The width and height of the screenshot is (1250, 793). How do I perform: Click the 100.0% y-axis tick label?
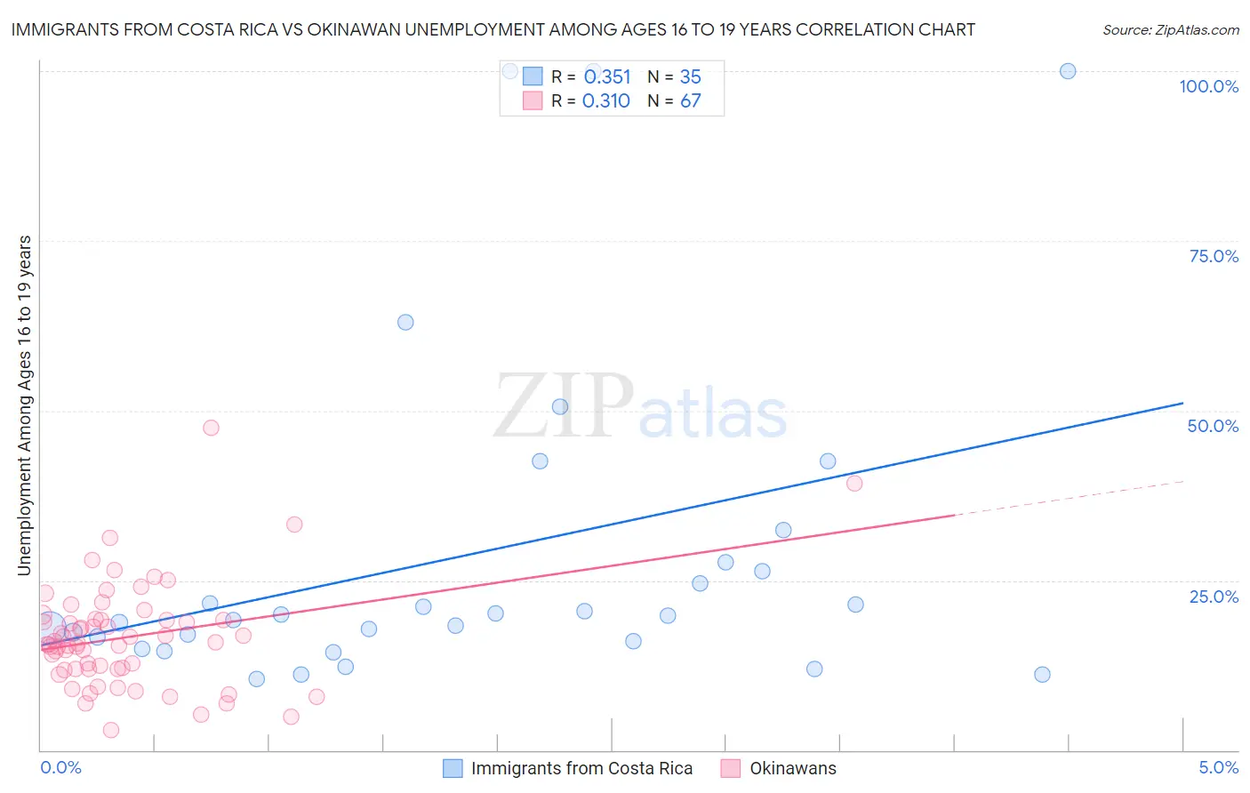[x=1208, y=86]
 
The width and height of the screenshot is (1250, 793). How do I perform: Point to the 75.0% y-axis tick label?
[x=1214, y=256]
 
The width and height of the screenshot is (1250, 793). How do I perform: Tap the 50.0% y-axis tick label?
[x=1213, y=426]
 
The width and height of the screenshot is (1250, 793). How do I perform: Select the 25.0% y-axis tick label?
[x=1214, y=597]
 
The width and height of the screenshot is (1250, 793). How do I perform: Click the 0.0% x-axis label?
[x=60, y=767]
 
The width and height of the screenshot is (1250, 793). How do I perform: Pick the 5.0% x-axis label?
[x=1218, y=767]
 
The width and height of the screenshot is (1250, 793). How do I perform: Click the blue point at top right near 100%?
[x=1068, y=71]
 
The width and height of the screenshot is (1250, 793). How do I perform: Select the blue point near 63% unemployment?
[x=405, y=322]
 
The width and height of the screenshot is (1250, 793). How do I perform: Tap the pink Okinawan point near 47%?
[x=211, y=428]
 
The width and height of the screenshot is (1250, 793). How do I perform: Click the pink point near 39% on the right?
[x=854, y=484]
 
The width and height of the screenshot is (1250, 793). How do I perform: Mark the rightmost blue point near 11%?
[x=1042, y=675]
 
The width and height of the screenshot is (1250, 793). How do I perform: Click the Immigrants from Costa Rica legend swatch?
[x=453, y=769]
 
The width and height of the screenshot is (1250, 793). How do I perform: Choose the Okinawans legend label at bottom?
[x=793, y=769]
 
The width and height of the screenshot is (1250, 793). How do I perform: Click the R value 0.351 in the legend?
[x=607, y=77]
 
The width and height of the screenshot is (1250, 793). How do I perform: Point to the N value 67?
[x=691, y=101]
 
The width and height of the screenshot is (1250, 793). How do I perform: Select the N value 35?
[x=691, y=77]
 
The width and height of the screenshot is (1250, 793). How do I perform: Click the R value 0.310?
[x=606, y=101]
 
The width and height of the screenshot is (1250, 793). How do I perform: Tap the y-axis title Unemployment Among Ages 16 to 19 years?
[x=25, y=405]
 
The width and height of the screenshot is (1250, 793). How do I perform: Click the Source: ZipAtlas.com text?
[x=1170, y=30]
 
